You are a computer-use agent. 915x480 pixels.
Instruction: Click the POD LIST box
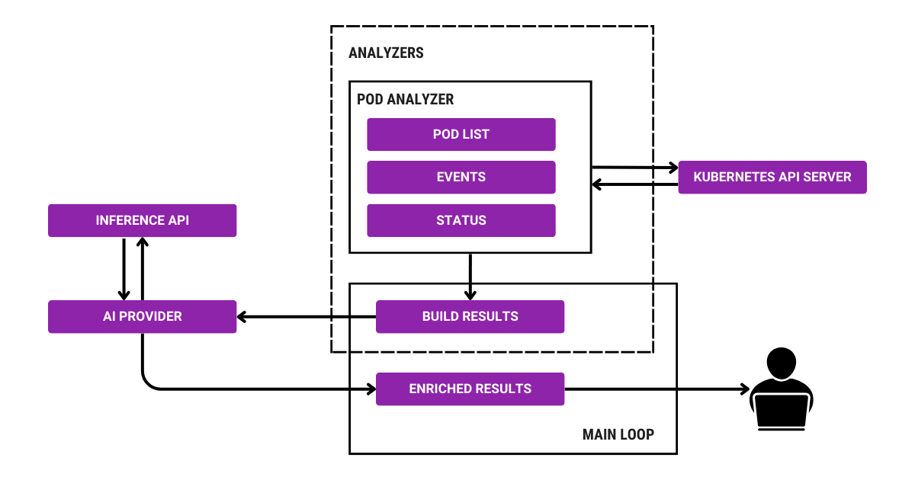461,134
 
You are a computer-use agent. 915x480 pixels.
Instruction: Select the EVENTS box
461,177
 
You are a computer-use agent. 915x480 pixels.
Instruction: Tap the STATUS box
461,220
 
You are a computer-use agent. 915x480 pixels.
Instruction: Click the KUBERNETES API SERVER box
772,177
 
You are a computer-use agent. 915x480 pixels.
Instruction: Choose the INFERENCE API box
142,220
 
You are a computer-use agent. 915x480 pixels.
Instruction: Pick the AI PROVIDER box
142,316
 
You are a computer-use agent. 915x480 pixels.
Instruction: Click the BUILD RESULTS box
470,316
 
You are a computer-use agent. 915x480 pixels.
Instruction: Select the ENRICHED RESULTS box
470,389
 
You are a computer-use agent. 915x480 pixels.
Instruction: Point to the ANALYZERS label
386,53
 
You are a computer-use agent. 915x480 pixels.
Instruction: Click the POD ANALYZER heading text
405,100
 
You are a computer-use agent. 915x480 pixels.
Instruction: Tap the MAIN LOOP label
618,434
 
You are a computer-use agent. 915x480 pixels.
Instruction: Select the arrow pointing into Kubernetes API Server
634,167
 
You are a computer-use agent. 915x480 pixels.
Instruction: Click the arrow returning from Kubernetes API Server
634,184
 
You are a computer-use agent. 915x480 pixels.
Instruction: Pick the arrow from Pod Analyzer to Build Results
470,276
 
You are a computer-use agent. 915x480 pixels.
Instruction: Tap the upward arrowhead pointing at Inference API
142,242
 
